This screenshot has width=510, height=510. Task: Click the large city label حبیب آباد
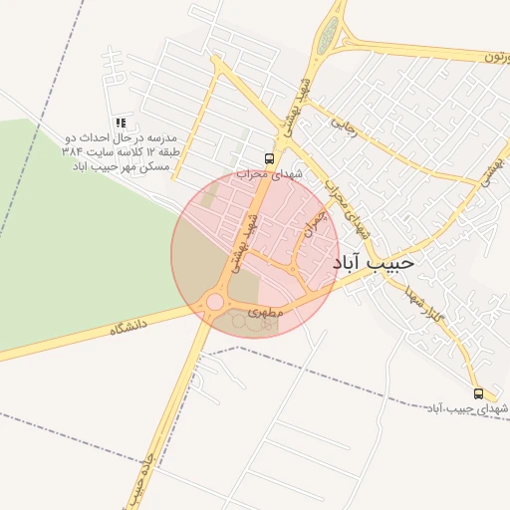[371, 262]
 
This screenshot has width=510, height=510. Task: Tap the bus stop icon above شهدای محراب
[269, 158]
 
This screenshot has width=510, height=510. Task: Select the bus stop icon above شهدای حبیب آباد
[479, 393]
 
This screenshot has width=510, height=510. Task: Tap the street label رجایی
[343, 129]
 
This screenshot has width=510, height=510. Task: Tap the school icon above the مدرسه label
[121, 123]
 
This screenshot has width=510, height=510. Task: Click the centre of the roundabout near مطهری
[214, 302]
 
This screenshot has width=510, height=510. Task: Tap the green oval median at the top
[328, 37]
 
